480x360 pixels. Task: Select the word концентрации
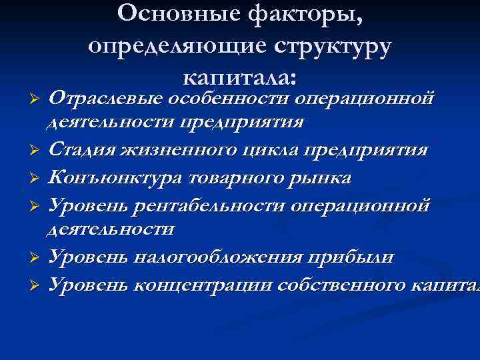tap(207, 285)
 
